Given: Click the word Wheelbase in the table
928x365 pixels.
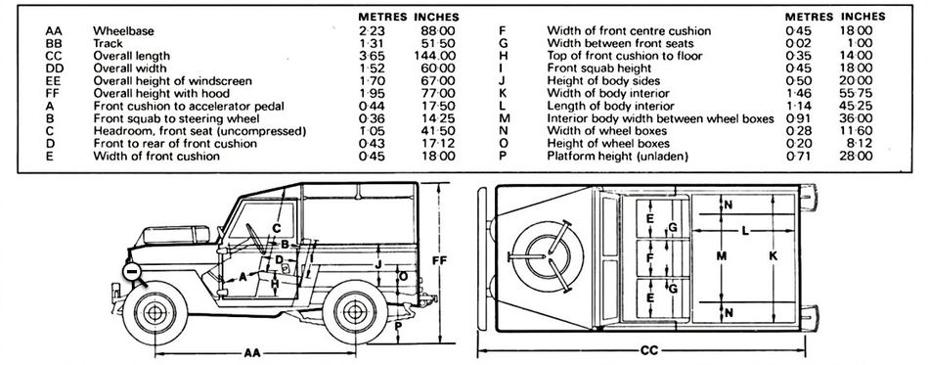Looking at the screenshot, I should [x=120, y=31].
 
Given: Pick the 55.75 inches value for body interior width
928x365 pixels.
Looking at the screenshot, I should [x=863, y=92].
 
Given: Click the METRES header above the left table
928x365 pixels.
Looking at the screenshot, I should [x=381, y=18].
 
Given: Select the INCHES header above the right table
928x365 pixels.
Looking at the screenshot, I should [x=865, y=18].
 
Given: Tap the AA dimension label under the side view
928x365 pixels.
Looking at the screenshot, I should [x=253, y=350].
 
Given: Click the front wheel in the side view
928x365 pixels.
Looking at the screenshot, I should [x=155, y=312].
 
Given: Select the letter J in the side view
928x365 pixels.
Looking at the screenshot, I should [x=378, y=263].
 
